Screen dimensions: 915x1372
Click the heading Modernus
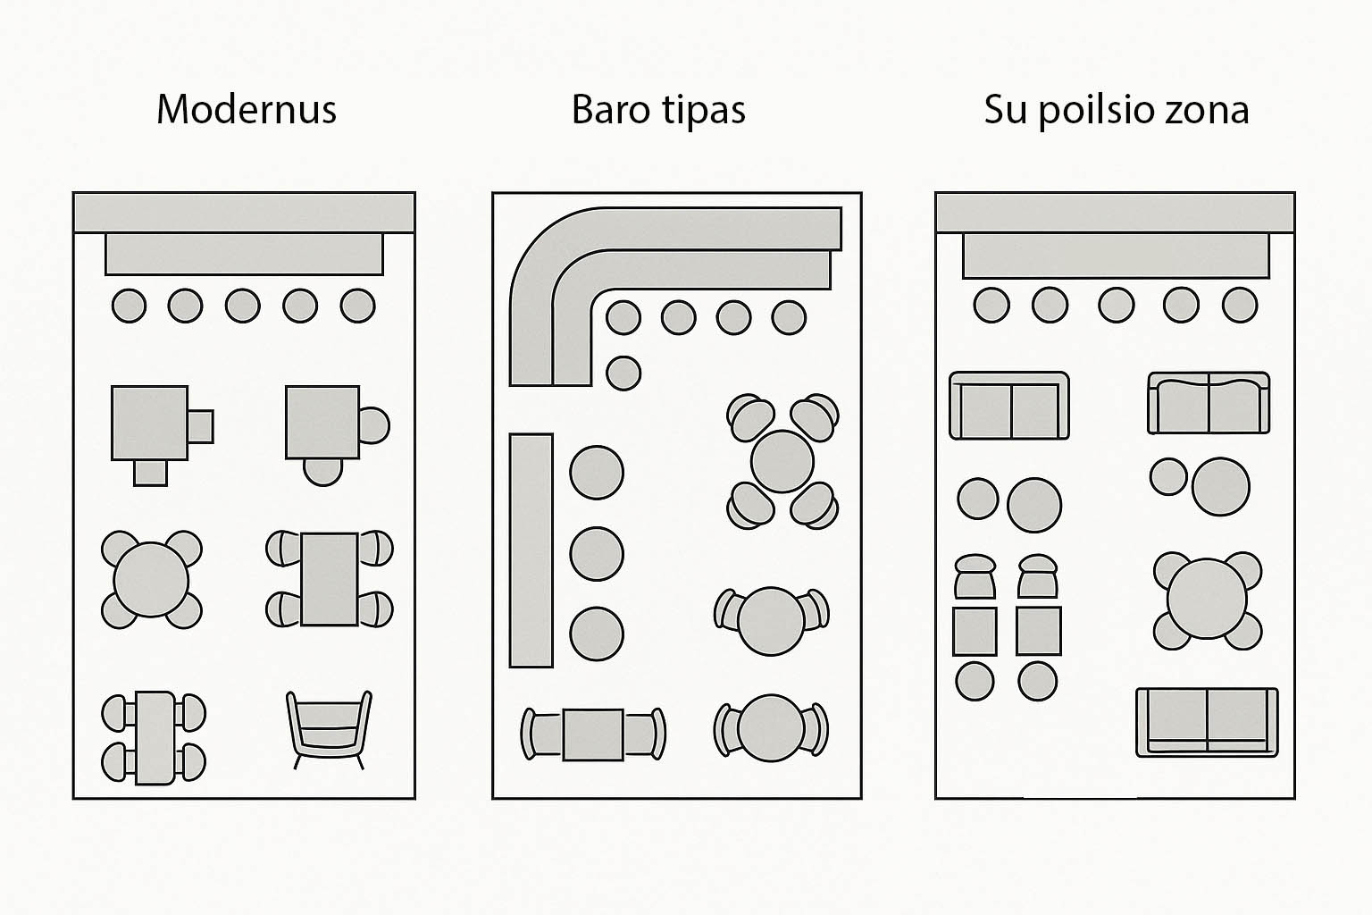click(x=247, y=109)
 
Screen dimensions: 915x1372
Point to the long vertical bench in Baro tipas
click(x=531, y=550)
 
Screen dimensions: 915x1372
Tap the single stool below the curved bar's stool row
click(x=623, y=373)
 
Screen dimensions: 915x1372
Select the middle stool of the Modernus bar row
click(x=243, y=306)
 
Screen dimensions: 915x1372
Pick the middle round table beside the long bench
click(x=597, y=553)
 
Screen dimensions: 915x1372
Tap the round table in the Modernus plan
click(x=151, y=580)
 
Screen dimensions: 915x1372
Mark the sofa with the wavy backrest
click(x=1209, y=404)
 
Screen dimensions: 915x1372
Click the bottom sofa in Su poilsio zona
click(x=1207, y=722)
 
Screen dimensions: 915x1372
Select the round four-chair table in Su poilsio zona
click(x=1207, y=600)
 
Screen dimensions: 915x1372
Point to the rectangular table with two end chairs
click(x=593, y=734)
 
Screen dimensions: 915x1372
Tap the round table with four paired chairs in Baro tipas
click(x=782, y=462)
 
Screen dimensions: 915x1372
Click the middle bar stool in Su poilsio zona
click(x=1116, y=305)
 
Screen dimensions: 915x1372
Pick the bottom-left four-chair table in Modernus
click(x=155, y=737)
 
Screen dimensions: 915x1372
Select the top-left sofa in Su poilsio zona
click(x=1009, y=406)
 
